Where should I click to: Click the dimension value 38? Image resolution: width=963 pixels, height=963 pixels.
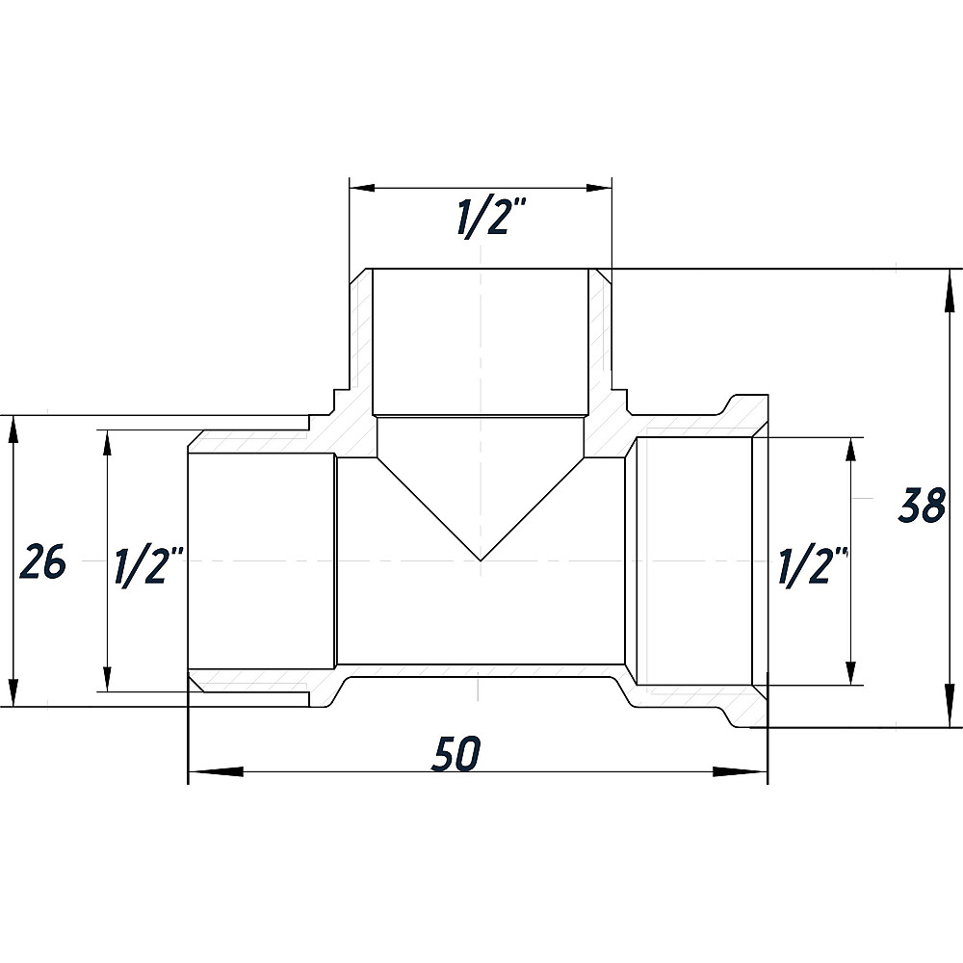[x=922, y=506]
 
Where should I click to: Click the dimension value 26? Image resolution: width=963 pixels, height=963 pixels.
[x=42, y=561]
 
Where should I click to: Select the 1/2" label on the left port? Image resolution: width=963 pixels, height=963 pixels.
[x=149, y=565]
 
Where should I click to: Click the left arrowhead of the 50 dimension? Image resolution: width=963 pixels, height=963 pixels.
[x=216, y=771]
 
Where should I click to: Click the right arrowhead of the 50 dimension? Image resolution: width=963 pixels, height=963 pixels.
[x=740, y=771]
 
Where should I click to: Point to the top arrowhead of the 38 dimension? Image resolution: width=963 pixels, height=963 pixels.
[x=950, y=296]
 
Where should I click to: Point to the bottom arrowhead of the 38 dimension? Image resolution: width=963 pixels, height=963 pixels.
[x=950, y=700]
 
